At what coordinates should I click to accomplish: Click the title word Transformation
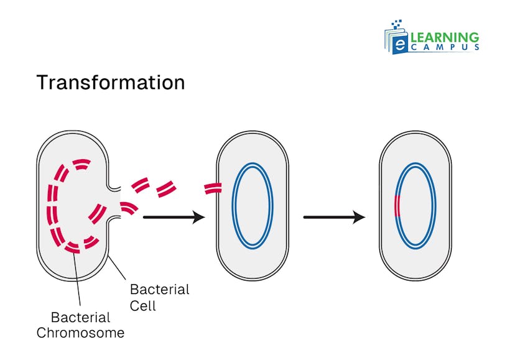110,83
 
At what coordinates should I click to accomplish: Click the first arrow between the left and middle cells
174,217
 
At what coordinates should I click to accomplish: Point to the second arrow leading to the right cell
333,217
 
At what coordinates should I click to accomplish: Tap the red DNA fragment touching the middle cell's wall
212,188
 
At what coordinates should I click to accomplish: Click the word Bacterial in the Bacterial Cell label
159,290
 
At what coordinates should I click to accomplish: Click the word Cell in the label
142,305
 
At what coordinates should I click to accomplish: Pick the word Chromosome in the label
80,333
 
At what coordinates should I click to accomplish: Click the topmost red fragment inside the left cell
81,164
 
